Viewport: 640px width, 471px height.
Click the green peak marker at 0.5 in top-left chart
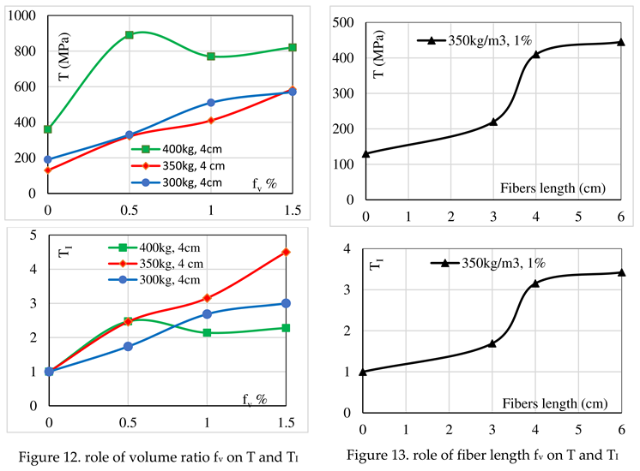coord(129,35)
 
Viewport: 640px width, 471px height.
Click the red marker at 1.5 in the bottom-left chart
coord(286,252)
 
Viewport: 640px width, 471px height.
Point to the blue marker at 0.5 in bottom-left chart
coord(129,346)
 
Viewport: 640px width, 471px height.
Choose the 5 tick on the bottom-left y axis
coord(31,235)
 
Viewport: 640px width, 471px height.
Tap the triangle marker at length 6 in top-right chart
coord(621,42)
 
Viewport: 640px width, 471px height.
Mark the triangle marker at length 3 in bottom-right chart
coord(492,343)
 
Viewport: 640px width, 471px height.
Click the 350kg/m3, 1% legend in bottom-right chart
coord(498,263)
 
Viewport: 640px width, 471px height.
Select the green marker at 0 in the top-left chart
coord(48,129)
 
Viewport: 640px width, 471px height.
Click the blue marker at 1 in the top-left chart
coord(210,103)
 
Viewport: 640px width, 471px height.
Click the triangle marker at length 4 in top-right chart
coord(535,55)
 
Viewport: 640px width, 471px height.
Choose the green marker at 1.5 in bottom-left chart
coord(286,328)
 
